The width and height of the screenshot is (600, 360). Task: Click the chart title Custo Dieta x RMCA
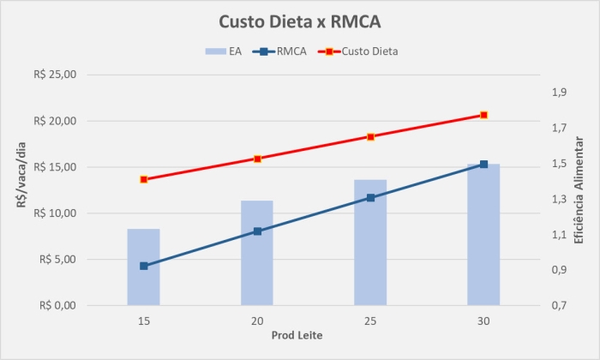click(299, 21)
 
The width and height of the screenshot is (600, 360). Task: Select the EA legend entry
click(224, 51)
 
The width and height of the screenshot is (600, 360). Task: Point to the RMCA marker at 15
click(144, 266)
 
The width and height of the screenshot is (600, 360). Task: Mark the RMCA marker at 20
click(257, 231)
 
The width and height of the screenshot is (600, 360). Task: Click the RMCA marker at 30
click(483, 165)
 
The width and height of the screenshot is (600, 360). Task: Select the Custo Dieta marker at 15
click(144, 179)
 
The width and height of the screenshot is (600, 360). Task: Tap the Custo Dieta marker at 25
click(370, 136)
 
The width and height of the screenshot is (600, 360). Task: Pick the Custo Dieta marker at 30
click(483, 115)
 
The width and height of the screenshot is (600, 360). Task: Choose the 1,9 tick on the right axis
click(560, 93)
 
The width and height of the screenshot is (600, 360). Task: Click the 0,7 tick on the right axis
click(560, 306)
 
